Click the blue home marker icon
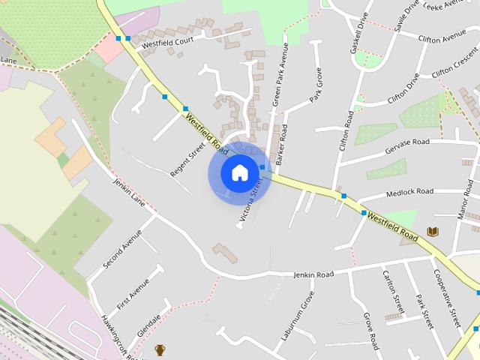coord(239,172)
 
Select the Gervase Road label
coord(406,142)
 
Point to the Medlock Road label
coord(409,193)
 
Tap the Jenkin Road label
coord(313,275)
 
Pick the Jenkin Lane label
coord(128,192)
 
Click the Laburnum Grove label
coord(297,321)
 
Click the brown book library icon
coord(432,232)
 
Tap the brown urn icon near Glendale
coord(160,349)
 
